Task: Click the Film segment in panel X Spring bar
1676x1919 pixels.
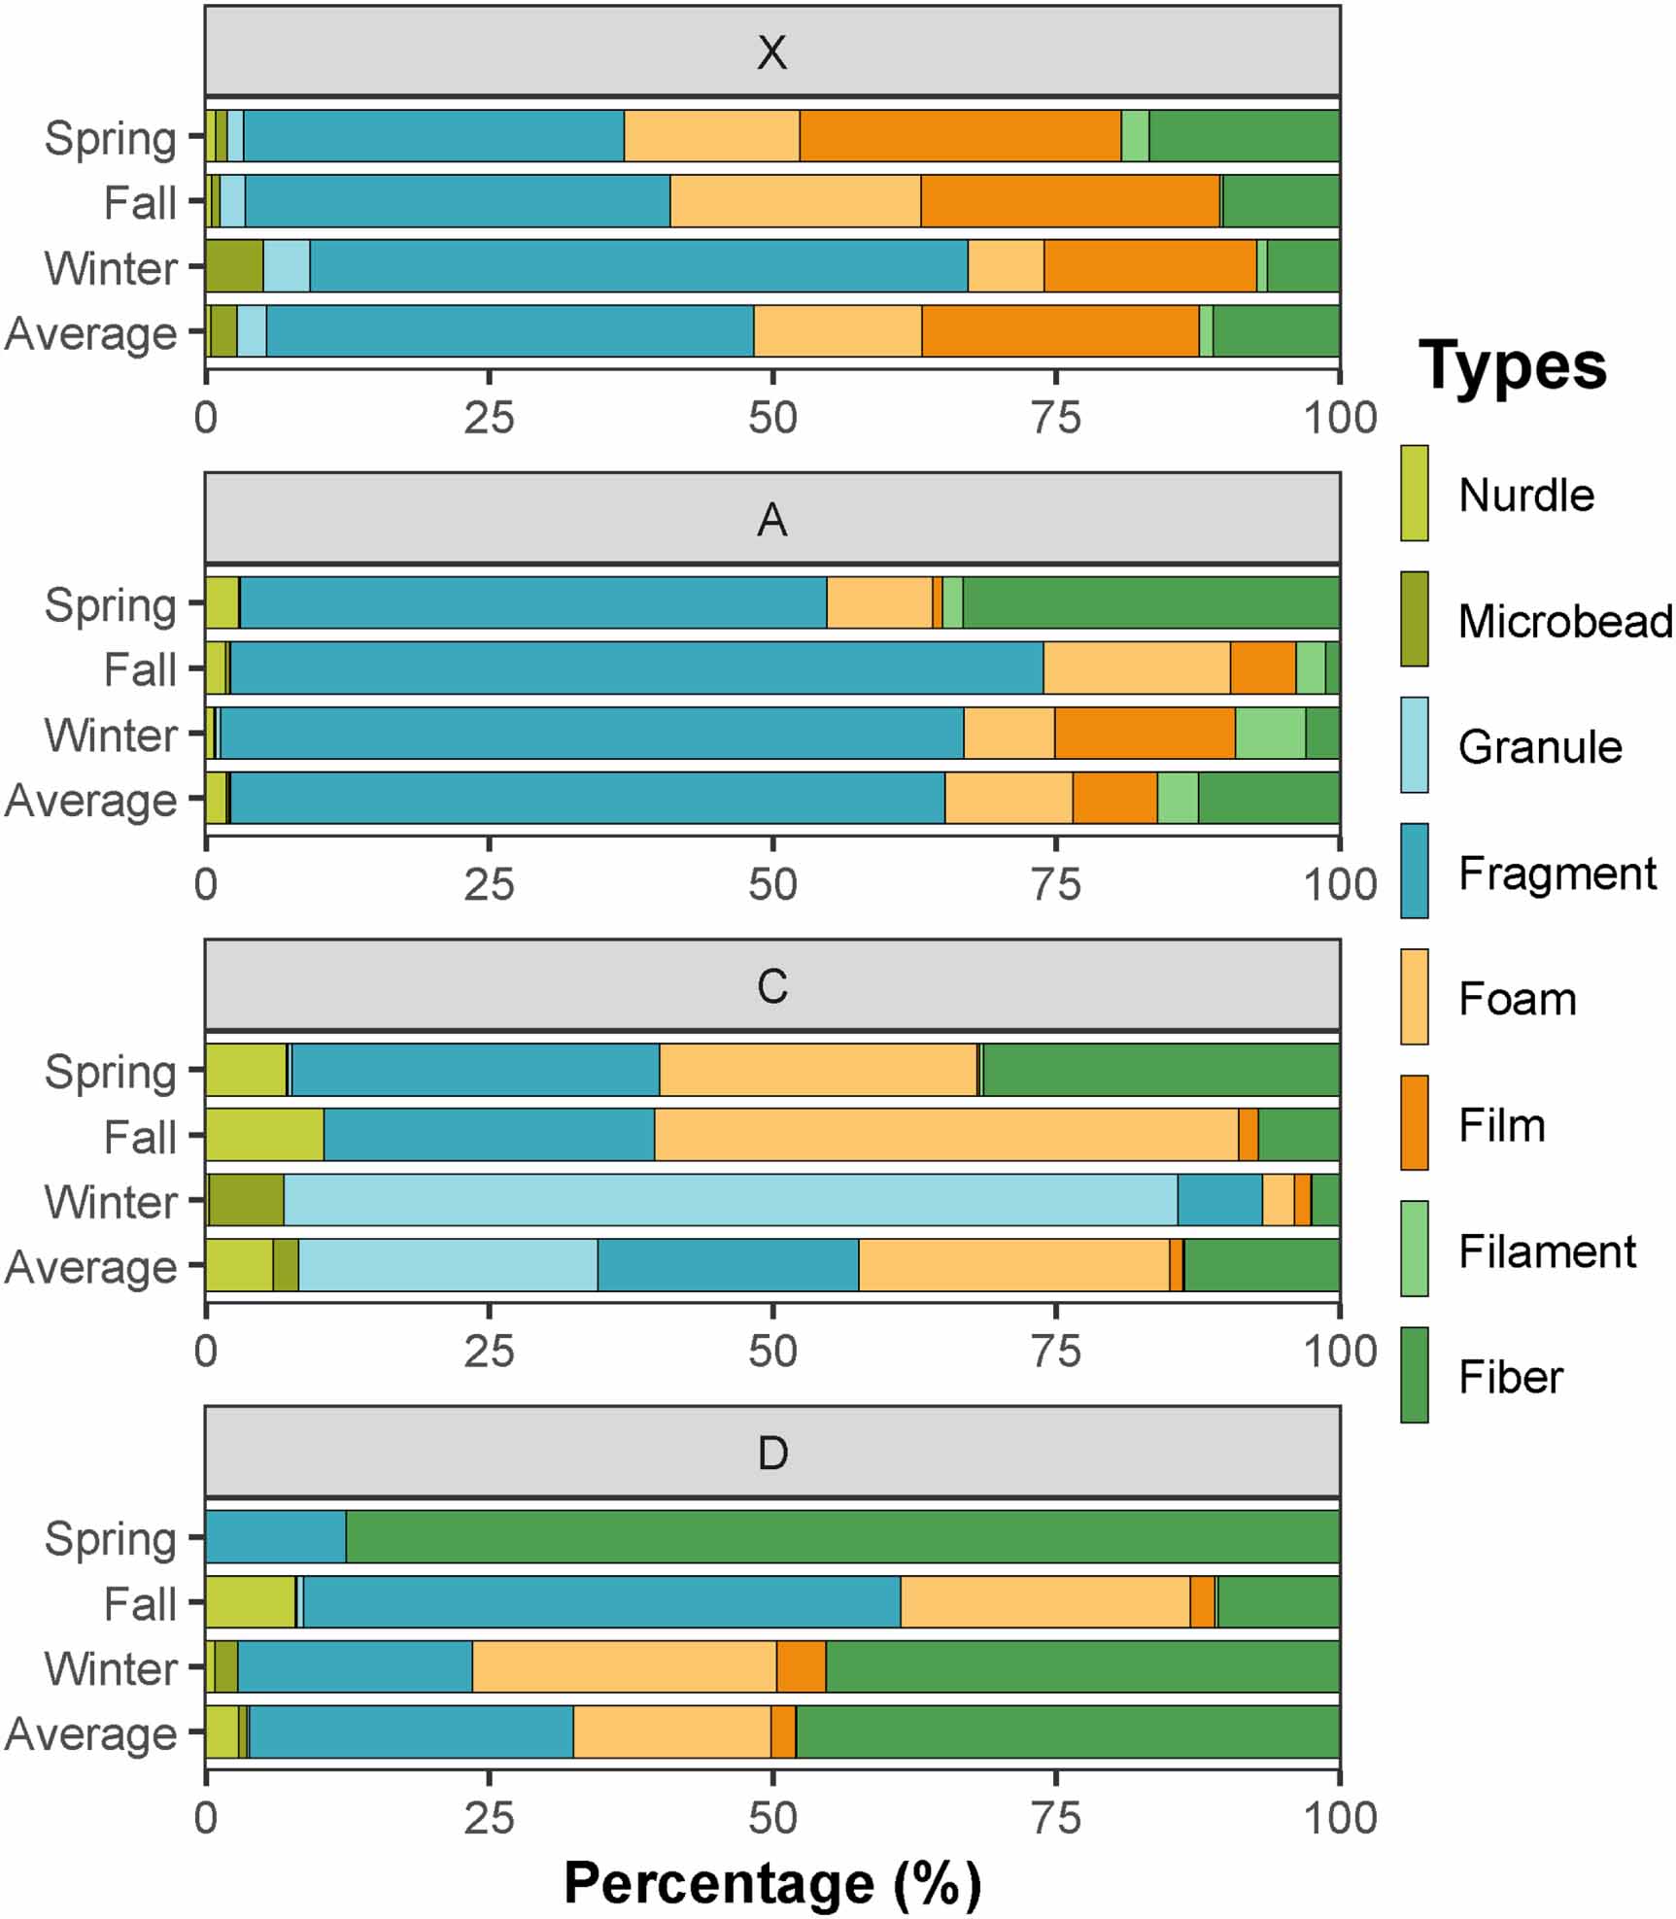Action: coord(960,136)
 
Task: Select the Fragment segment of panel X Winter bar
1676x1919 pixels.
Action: coord(638,265)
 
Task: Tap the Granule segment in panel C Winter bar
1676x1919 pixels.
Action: coord(730,1200)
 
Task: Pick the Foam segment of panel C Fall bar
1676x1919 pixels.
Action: coord(946,1135)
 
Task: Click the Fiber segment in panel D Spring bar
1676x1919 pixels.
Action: coord(842,1537)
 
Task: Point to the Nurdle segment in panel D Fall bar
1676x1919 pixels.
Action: coord(250,1602)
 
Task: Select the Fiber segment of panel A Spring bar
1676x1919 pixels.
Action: coord(1150,602)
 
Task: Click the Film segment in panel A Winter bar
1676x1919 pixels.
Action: coord(1145,733)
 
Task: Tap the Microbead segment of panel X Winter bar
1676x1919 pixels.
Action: coord(234,265)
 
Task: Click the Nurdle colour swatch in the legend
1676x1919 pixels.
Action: coord(1414,493)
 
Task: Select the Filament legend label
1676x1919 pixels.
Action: coord(1547,1251)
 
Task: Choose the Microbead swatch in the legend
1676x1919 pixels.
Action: coord(1414,619)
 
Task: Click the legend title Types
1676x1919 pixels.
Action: coord(1512,366)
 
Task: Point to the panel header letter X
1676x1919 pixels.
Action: coord(771,52)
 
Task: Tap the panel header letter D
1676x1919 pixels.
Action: coord(771,1454)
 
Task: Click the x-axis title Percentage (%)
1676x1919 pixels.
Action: coord(771,1883)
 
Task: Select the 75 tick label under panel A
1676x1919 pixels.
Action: coord(1055,884)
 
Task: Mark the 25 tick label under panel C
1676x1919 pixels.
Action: coord(489,1352)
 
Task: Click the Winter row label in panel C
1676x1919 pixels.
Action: coord(111,1202)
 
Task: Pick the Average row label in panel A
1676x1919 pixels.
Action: coord(91,801)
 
